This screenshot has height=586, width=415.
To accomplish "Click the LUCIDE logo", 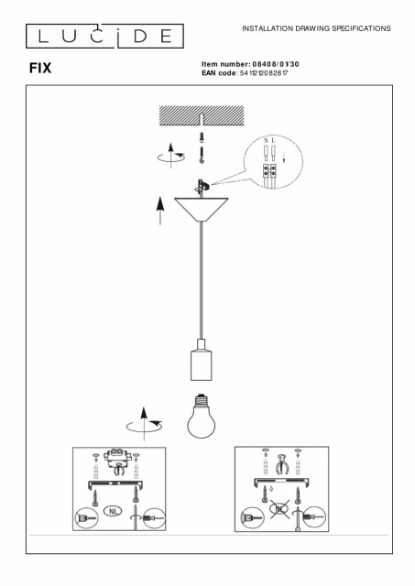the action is pyautogui.click(x=104, y=37).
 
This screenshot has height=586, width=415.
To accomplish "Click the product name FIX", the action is pyautogui.click(x=40, y=68).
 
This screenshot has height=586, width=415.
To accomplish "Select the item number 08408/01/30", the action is pyautogui.click(x=276, y=64).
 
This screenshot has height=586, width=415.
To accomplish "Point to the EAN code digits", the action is pyautogui.click(x=264, y=73).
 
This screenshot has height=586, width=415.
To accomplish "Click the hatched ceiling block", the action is pyautogui.click(x=202, y=115).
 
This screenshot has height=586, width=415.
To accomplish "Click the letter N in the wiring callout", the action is pyautogui.click(x=266, y=140).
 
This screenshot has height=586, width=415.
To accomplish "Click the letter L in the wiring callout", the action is pyautogui.click(x=273, y=140).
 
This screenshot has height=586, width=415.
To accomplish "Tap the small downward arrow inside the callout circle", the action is pyautogui.click(x=284, y=157).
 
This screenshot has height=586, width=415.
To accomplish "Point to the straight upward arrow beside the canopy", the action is pyautogui.click(x=160, y=211).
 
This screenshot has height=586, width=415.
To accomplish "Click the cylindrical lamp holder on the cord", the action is pyautogui.click(x=202, y=360).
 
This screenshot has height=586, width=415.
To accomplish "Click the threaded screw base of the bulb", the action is pyautogui.click(x=202, y=400).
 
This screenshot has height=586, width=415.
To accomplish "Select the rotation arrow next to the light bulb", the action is pyautogui.click(x=145, y=424).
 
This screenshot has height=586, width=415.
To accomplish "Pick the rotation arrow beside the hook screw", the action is pyautogui.click(x=171, y=156).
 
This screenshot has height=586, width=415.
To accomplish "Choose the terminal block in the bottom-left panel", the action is pyautogui.click(x=118, y=456).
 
